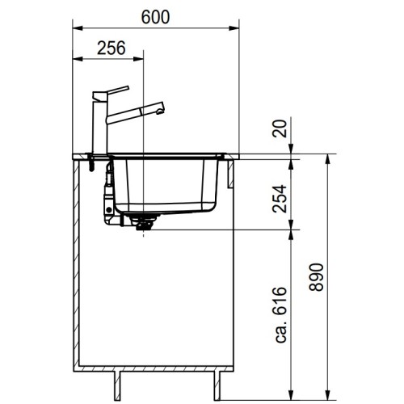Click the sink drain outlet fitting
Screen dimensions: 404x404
145,221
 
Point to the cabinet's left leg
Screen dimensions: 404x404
120,381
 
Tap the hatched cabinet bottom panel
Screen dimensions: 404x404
154,368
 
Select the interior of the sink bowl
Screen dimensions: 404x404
166,182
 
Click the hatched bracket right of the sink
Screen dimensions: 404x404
231,171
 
